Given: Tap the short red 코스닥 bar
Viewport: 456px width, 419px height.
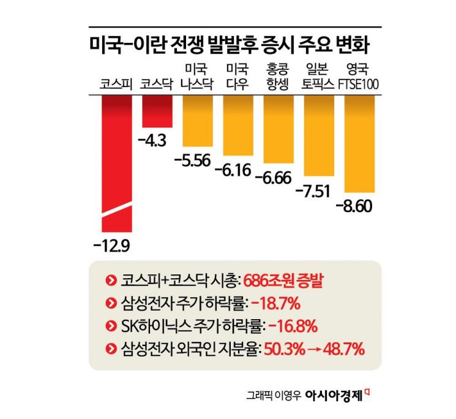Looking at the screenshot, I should pos(157,111).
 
